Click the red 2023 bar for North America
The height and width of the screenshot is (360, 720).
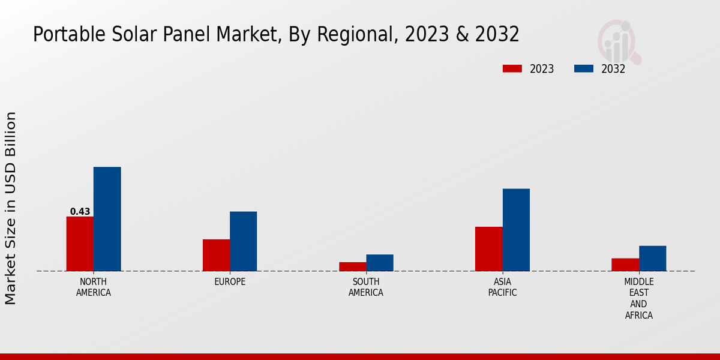(80, 244)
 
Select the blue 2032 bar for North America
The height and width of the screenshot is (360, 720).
(107, 219)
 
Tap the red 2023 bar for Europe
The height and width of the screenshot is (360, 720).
(216, 255)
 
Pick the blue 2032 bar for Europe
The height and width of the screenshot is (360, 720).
(243, 241)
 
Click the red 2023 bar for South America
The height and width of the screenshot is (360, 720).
(352, 266)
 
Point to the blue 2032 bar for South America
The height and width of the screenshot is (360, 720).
(380, 263)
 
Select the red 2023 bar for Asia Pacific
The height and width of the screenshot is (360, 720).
(488, 249)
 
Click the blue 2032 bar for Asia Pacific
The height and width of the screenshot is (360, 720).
(516, 230)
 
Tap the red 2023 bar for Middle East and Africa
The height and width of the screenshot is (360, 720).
(625, 265)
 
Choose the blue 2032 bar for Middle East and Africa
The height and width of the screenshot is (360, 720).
(652, 259)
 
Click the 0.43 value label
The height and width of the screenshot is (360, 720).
(80, 212)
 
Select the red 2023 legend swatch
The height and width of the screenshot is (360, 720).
(512, 69)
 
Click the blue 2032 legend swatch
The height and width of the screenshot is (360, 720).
(584, 69)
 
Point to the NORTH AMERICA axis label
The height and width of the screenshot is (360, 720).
(94, 287)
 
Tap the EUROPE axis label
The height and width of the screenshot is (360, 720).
(230, 282)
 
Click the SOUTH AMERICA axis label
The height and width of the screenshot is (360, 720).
(366, 287)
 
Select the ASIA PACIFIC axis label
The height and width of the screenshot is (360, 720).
(502, 287)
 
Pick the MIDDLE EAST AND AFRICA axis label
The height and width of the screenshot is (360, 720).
(639, 299)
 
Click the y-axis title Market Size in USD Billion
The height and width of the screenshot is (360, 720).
(11, 208)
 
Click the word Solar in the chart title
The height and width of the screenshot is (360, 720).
(133, 35)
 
